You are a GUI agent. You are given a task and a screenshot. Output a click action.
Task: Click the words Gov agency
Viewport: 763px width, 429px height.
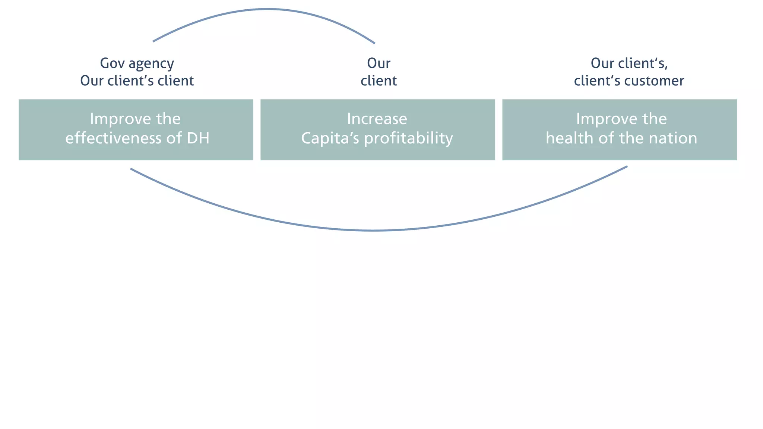[137, 63]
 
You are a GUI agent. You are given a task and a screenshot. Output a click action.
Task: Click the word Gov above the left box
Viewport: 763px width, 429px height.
[112, 63]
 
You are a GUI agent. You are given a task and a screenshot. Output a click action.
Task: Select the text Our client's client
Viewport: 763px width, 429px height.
[137, 81]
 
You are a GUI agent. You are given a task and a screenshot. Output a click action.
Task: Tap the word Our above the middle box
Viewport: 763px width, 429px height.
[379, 63]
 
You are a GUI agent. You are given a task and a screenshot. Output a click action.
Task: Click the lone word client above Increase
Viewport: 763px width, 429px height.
[379, 81]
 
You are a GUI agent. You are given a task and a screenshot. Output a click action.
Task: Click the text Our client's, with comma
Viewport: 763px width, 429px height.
[629, 63]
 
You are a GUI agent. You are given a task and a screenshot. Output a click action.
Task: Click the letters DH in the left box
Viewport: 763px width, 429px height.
[198, 138]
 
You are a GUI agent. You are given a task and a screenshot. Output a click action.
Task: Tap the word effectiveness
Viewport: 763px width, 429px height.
[114, 138]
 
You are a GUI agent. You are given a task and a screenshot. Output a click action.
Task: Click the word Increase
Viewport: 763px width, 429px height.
[377, 119]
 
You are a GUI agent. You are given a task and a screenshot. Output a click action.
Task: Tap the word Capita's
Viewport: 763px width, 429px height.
[330, 138]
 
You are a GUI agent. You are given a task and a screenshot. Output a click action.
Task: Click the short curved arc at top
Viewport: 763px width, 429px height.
[267, 9]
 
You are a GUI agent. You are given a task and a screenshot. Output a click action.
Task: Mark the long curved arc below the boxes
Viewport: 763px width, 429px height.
[374, 231]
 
